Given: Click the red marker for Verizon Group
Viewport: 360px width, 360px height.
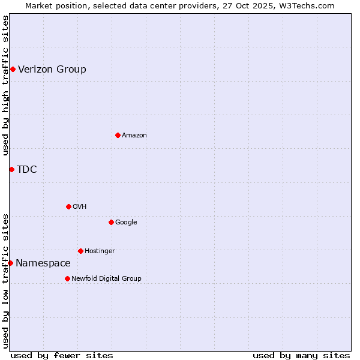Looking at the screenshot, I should [13, 70].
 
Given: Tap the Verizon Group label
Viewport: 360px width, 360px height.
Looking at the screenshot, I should [52, 69].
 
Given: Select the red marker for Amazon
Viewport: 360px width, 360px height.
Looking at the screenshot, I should [118, 136].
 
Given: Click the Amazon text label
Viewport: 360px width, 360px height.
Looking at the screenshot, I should [134, 136].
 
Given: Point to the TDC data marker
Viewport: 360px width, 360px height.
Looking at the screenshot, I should [11, 170].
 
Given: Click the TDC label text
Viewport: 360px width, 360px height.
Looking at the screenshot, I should [27, 169].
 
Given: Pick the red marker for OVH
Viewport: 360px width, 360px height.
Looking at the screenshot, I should [68, 207].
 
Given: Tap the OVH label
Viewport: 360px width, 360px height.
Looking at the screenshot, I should [80, 207].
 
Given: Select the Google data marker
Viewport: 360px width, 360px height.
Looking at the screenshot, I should [111, 223].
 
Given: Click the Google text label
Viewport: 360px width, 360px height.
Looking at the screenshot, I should [126, 223].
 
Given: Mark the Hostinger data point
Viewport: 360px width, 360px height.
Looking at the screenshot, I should [80, 251].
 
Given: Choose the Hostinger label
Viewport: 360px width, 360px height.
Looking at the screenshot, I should [100, 251].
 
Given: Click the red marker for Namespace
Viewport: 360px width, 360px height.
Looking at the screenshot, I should [10, 263].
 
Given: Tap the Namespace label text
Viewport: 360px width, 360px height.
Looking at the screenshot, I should [43, 263].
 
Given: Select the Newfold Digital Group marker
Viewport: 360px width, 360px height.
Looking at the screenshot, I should [67, 279].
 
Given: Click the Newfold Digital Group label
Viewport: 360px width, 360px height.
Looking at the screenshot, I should [106, 279].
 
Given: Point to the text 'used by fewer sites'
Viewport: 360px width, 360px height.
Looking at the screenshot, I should [62, 355].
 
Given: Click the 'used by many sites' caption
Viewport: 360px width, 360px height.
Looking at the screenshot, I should [301, 355].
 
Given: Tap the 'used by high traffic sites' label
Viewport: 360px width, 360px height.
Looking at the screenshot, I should [5, 85].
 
